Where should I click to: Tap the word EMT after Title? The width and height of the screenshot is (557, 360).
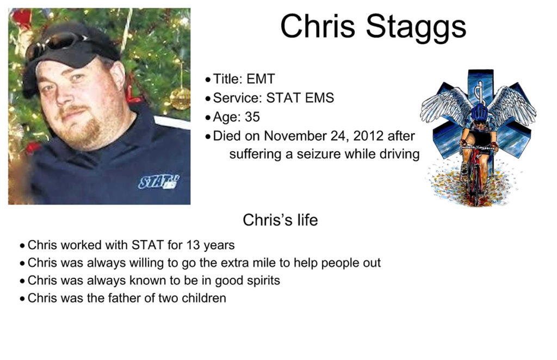click(x=261, y=79)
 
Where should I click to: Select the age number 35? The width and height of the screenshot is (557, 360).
click(x=252, y=117)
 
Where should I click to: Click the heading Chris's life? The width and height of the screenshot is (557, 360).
click(x=280, y=220)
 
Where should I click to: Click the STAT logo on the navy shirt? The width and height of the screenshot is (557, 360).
click(x=159, y=182)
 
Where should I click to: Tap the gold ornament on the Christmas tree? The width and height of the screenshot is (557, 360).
click(x=180, y=98)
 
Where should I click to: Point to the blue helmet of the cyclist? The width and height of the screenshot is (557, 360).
click(x=480, y=112)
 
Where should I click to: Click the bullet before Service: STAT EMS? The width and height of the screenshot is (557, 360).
click(x=208, y=98)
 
